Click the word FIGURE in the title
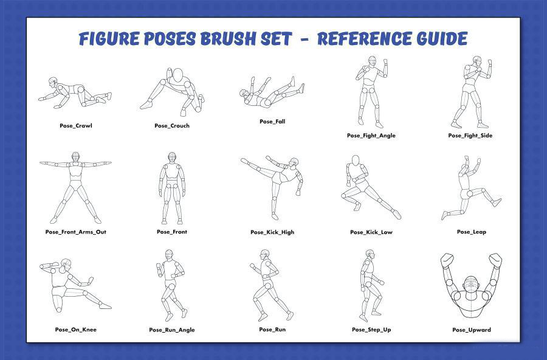tap(109, 38)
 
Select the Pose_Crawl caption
tap(76, 126)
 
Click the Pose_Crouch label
tap(172, 126)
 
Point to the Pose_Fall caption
tap(272, 122)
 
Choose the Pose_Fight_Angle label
tap(371, 136)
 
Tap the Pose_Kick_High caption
tap(272, 232)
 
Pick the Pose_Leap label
tap(472, 232)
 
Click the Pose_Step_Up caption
tap(371, 330)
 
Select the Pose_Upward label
tap(472, 330)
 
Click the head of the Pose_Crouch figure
tap(178, 75)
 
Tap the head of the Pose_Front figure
tap(171, 157)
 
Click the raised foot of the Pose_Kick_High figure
tap(245, 161)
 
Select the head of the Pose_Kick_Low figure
tap(356, 161)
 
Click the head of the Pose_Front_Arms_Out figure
tap(76, 157)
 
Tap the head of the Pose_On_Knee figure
tap(66, 264)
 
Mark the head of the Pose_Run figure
tap(265, 254)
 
